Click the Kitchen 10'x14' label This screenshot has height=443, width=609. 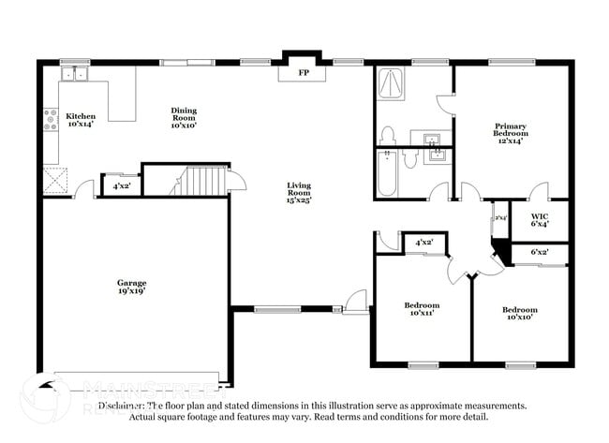[x=80, y=120]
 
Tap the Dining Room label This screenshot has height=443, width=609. [x=183, y=116]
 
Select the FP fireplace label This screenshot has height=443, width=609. [x=303, y=72]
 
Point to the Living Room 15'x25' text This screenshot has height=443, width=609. [x=299, y=192]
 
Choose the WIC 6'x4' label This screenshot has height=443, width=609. [x=539, y=219]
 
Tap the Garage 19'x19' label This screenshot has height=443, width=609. [x=131, y=288]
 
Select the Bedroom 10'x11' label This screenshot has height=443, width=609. [x=422, y=309]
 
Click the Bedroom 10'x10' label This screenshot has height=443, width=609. [x=519, y=314]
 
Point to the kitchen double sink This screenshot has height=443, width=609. [x=75, y=74]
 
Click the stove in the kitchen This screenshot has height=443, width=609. [x=50, y=120]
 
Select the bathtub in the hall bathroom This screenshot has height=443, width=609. [x=386, y=175]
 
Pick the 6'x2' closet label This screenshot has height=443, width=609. [x=540, y=252]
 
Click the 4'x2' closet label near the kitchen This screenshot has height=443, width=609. [x=121, y=185]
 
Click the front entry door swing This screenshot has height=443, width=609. [x=356, y=302]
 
